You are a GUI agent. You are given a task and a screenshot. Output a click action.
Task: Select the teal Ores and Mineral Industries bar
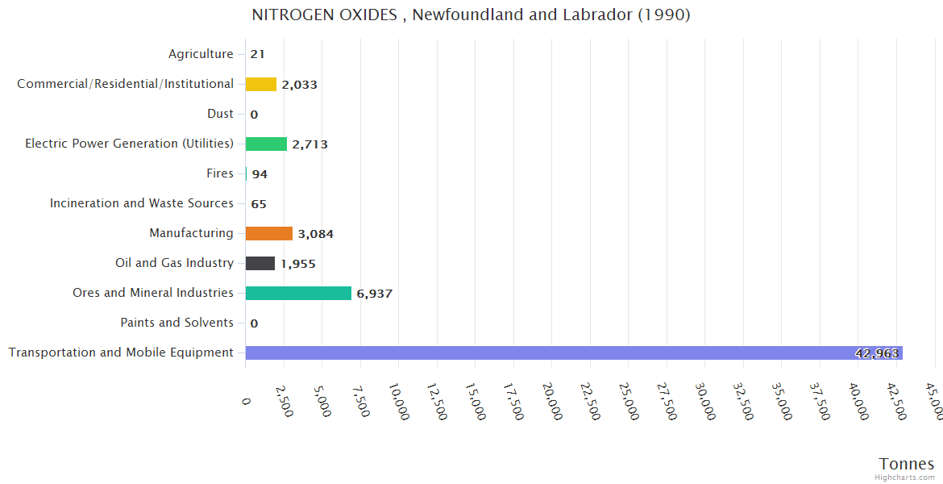(x=298, y=293)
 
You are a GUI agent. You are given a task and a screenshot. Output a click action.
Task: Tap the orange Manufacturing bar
(x=269, y=233)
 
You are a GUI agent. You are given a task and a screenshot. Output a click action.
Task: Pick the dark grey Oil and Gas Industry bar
(x=260, y=263)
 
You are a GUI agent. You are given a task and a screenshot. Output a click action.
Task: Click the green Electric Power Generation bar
(x=266, y=144)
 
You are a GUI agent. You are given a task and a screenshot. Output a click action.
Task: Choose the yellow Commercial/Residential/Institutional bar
(x=261, y=84)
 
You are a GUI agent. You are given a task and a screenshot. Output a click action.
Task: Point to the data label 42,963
(x=877, y=353)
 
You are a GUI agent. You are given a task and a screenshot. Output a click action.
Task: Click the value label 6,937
(x=375, y=294)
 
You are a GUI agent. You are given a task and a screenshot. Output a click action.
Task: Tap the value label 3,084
(x=315, y=234)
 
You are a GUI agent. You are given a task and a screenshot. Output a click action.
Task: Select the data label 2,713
(x=309, y=144)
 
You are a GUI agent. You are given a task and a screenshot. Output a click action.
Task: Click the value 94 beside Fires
(x=260, y=174)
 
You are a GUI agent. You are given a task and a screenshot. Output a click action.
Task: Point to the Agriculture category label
(x=201, y=54)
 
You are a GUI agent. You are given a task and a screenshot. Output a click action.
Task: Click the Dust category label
(x=220, y=114)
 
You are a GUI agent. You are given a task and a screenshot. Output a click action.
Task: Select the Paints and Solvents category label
(x=177, y=323)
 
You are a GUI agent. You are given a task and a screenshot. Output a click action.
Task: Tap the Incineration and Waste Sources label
(x=142, y=203)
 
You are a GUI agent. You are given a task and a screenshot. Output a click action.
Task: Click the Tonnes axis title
(x=907, y=463)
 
